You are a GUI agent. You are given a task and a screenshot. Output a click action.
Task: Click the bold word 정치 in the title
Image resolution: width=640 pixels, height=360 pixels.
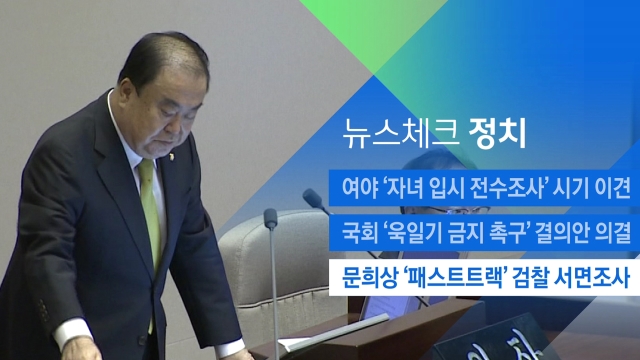coord(498,134)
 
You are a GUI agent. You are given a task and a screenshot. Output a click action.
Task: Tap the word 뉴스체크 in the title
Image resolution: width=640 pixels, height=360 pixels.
coord(399,134)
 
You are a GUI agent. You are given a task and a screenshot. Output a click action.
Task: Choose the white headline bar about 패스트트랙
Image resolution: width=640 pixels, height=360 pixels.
coord(484,278)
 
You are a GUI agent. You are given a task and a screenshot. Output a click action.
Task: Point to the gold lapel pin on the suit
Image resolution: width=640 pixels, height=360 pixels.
coord(171,156)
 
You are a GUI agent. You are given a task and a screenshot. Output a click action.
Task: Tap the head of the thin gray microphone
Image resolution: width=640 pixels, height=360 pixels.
coord(271,219)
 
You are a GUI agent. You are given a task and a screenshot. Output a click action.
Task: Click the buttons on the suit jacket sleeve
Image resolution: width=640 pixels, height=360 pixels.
coord(43,309)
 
